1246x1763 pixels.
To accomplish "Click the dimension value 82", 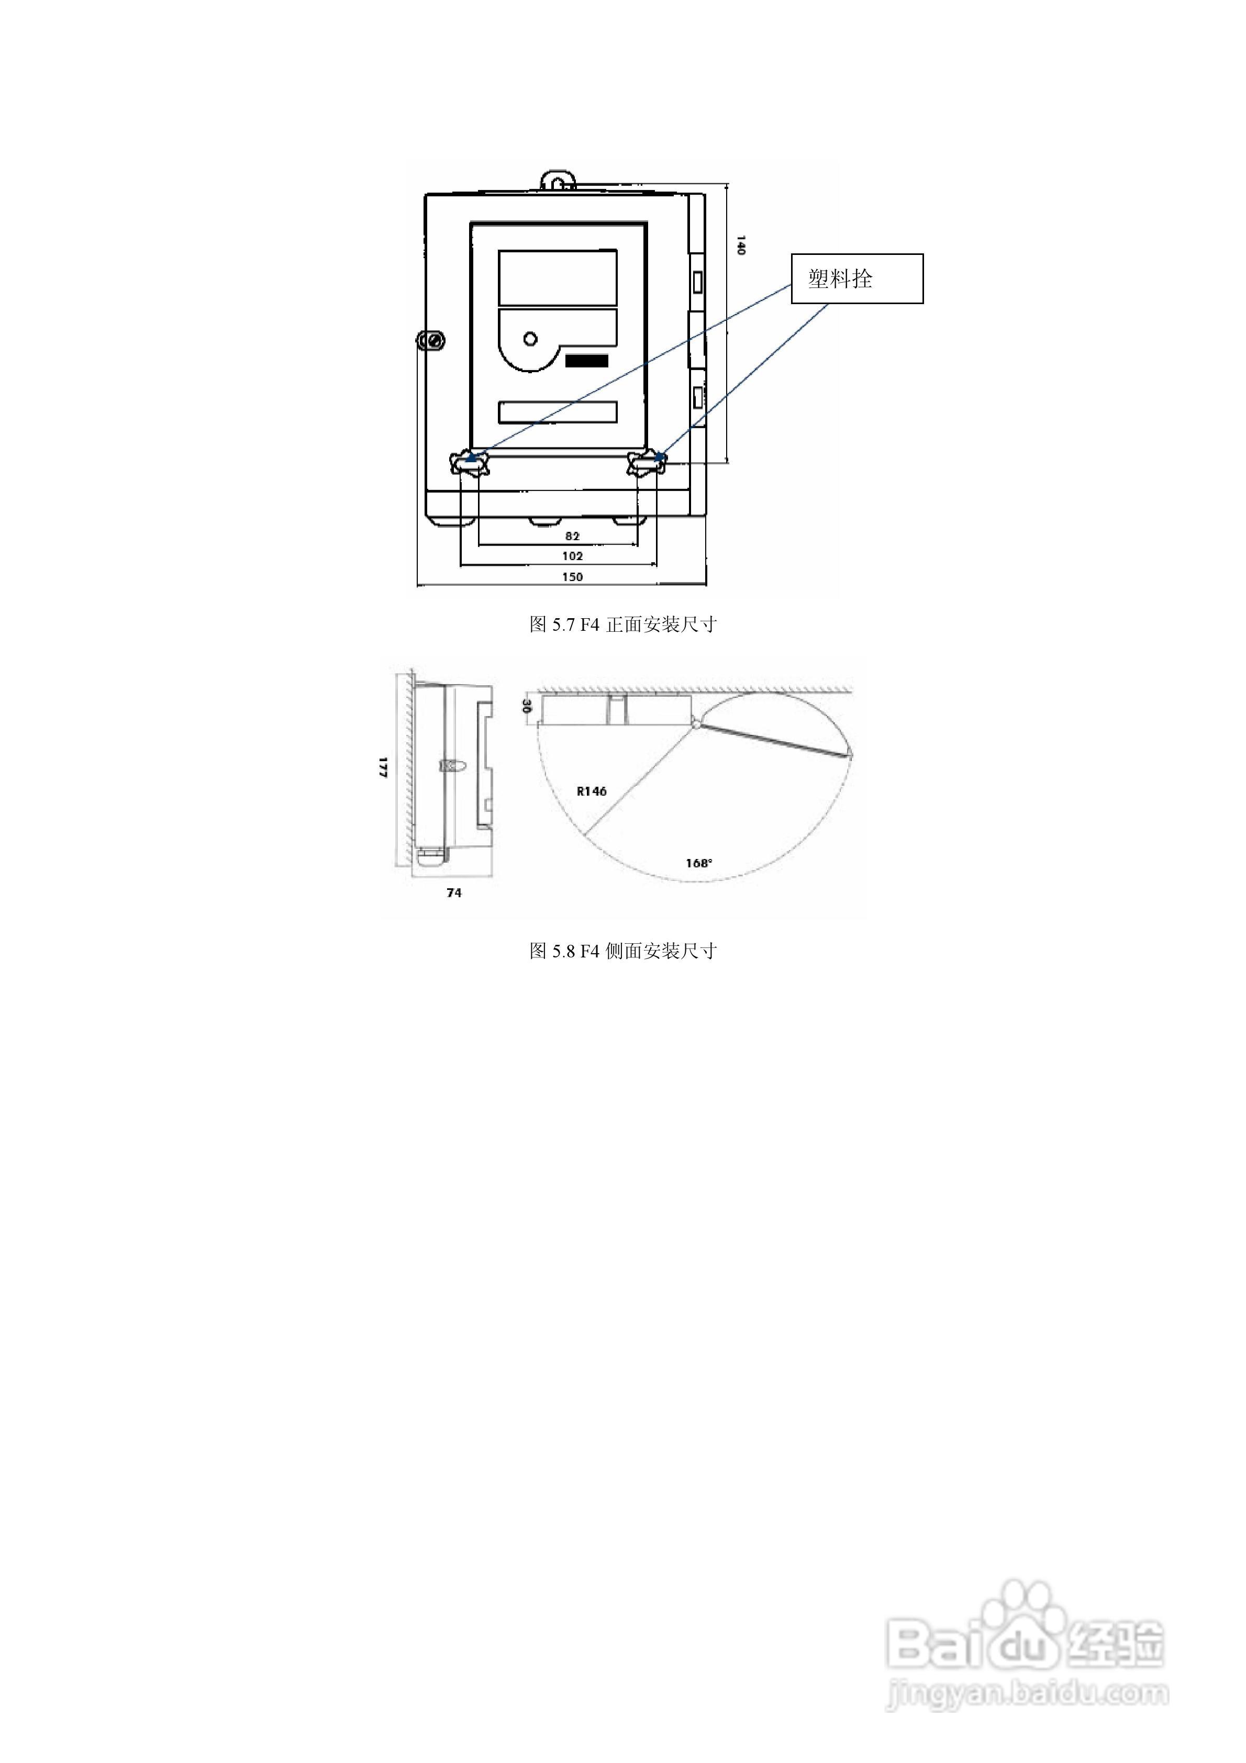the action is click(x=572, y=536).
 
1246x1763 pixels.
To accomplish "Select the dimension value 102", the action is click(x=572, y=556).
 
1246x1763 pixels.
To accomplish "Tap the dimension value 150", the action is click(x=572, y=577).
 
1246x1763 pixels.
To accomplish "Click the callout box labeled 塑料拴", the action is click(x=858, y=278).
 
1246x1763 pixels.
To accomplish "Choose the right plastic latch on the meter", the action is click(x=647, y=463).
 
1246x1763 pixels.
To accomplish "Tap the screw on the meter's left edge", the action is click(x=431, y=340).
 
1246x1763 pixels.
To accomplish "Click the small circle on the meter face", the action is click(x=530, y=339).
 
